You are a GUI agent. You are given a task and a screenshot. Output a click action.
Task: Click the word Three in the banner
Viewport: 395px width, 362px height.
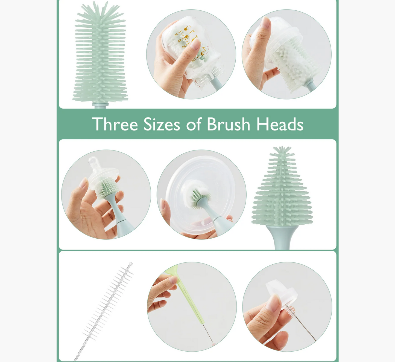[115, 124]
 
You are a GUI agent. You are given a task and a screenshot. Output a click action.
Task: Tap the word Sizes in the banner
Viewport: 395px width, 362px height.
[162, 124]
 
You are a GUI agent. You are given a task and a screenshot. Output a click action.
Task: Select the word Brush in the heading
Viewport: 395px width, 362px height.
[228, 124]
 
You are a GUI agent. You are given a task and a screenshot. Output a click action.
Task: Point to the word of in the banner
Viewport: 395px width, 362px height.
[194, 124]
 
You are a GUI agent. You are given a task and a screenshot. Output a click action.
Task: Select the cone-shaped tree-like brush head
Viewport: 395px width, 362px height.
[282, 192]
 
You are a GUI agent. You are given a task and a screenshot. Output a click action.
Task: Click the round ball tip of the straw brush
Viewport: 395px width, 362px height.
[131, 264]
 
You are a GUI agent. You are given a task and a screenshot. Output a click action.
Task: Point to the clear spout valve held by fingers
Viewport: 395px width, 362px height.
[282, 293]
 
